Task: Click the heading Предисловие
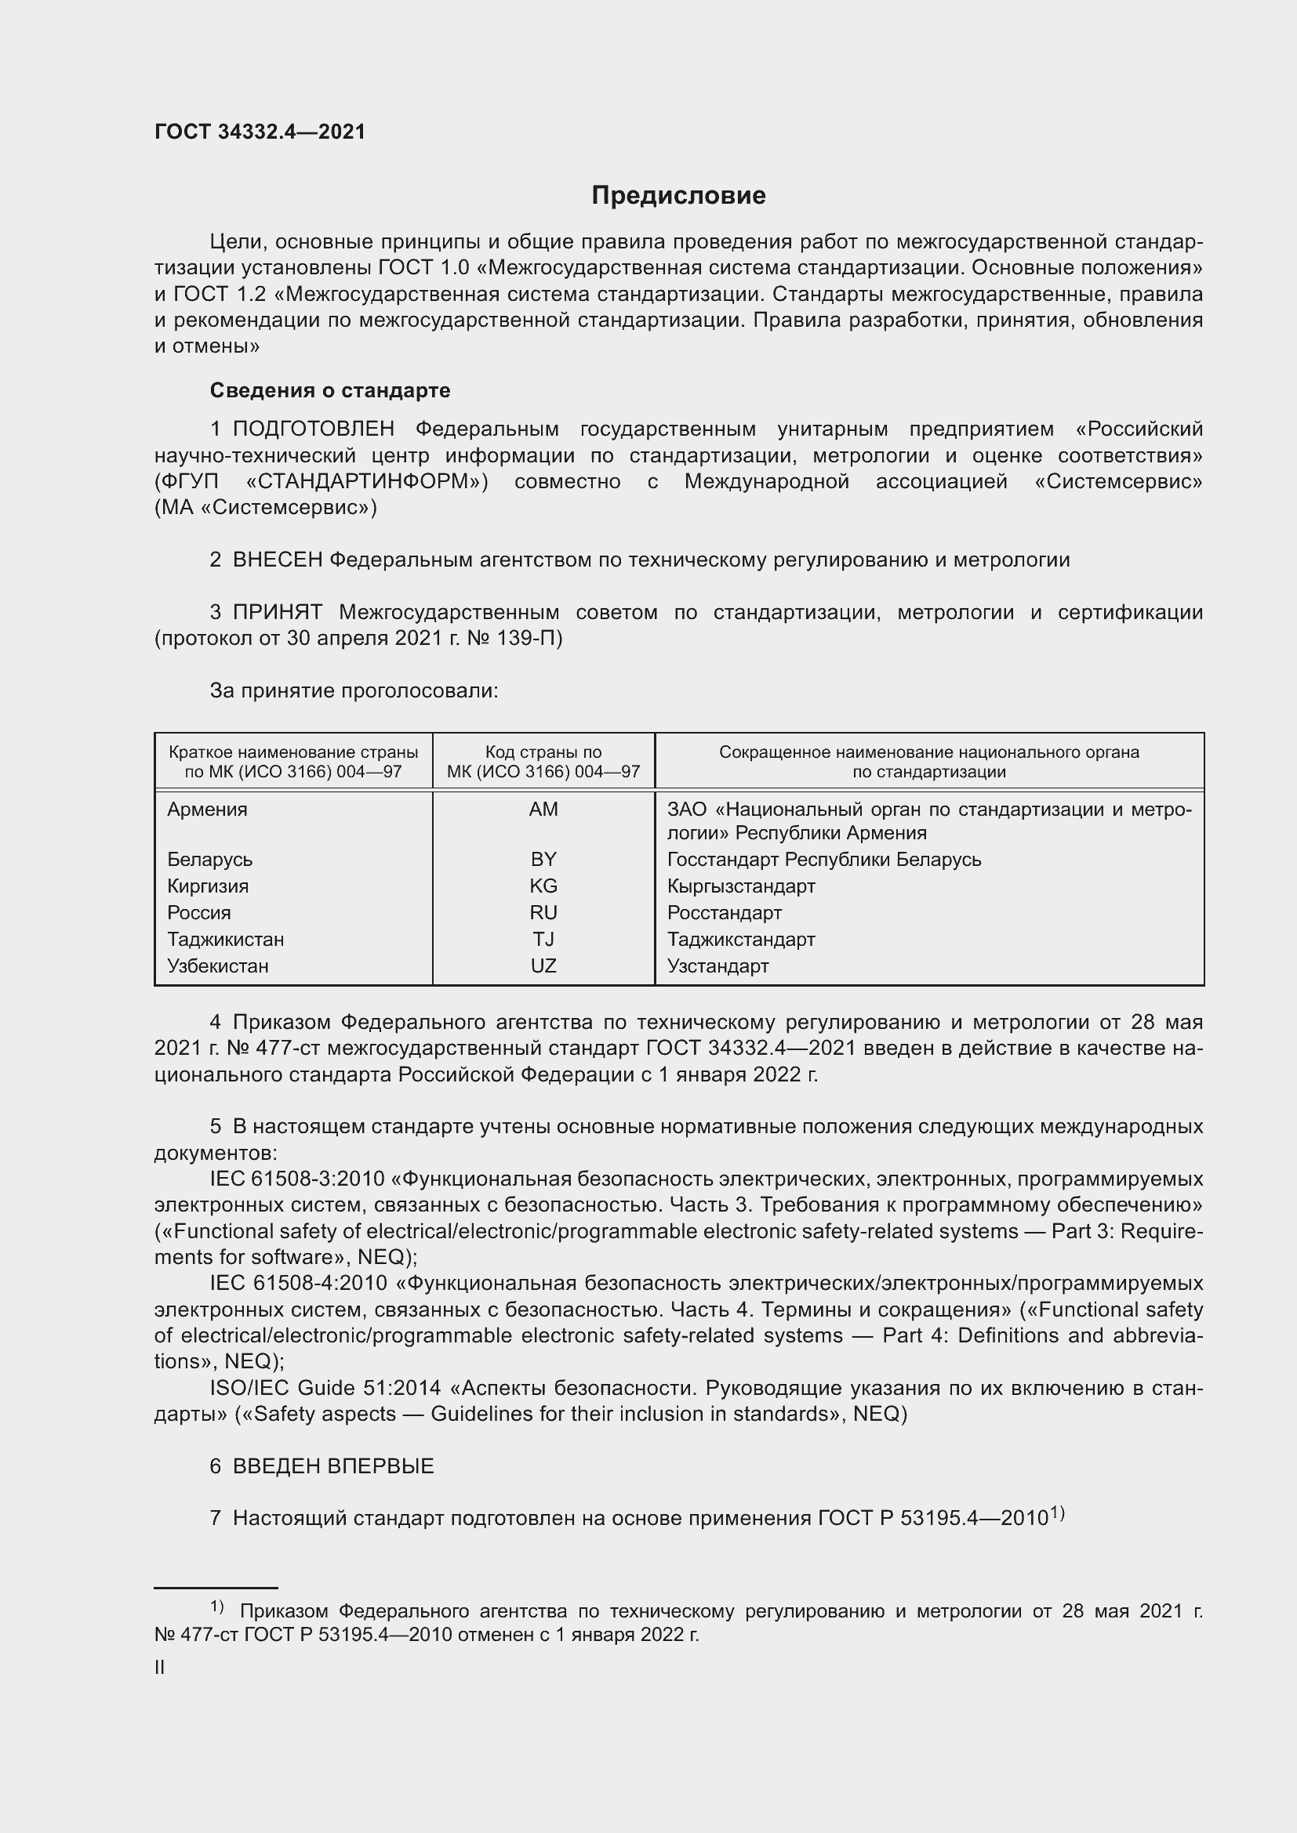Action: click(678, 196)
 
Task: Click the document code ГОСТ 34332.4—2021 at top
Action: click(260, 132)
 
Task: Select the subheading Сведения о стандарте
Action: click(330, 390)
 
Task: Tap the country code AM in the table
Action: click(543, 810)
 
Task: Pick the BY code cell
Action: click(543, 860)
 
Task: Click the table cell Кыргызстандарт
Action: click(741, 886)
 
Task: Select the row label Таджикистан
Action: click(225, 940)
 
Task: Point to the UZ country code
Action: click(543, 966)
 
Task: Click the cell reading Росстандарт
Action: click(725, 912)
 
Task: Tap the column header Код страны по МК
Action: click(543, 762)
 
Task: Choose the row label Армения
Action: click(207, 810)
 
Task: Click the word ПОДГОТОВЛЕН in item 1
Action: click(313, 429)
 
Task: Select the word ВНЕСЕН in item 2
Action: click(277, 560)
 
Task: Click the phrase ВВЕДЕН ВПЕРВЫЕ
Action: click(333, 1466)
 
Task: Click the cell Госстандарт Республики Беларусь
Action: click(823, 860)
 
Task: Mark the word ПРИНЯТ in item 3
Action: click(277, 612)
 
